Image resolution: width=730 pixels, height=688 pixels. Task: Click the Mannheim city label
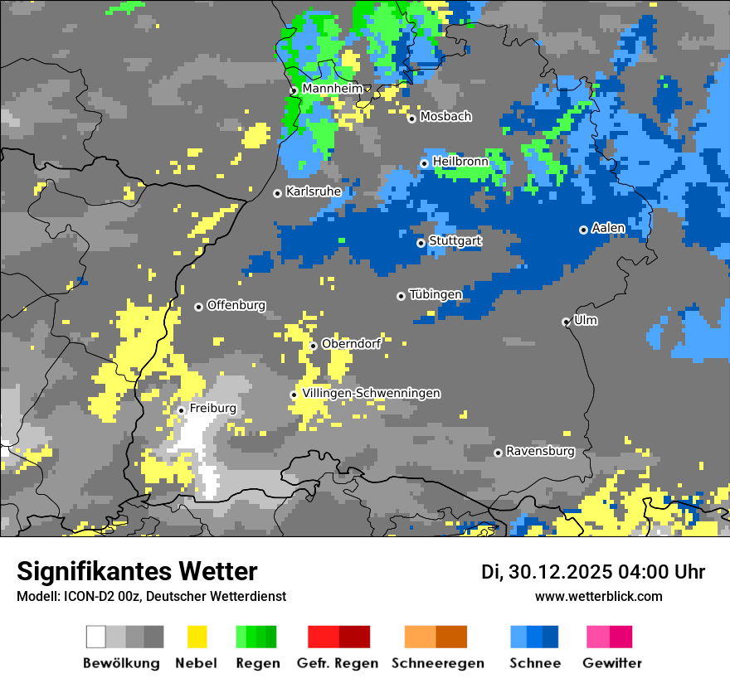(x=332, y=89)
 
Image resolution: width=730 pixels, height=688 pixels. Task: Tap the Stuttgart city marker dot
(x=421, y=243)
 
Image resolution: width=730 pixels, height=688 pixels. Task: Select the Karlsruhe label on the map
(x=314, y=191)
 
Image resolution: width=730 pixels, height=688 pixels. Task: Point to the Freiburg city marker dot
(x=181, y=410)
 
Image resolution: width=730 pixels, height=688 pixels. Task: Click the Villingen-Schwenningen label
(x=372, y=393)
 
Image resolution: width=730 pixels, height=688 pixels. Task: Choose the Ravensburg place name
(x=540, y=452)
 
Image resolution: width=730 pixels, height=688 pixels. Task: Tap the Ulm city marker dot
(x=567, y=322)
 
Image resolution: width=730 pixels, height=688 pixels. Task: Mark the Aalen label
(x=608, y=228)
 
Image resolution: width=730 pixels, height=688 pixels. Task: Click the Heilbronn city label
(x=460, y=162)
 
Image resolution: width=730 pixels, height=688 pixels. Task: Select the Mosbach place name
(x=445, y=117)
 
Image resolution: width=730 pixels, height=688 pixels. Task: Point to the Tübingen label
(x=436, y=294)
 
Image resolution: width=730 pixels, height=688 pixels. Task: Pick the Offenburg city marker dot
(x=198, y=307)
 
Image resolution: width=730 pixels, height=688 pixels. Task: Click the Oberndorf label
(x=351, y=344)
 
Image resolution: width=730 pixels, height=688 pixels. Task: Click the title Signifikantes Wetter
(x=137, y=571)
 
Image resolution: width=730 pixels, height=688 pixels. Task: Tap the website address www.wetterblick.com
(x=599, y=596)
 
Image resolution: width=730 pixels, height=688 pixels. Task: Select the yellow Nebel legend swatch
(x=197, y=637)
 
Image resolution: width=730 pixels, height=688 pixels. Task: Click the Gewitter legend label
(x=612, y=663)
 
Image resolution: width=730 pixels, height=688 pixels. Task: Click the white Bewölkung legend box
(x=96, y=637)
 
